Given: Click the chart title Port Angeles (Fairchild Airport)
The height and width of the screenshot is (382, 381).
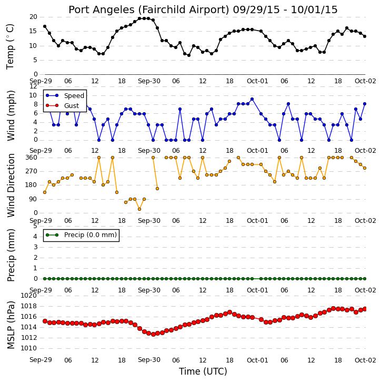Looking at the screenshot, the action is tap(148, 10).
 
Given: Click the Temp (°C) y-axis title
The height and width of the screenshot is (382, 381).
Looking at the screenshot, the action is tap(10, 46).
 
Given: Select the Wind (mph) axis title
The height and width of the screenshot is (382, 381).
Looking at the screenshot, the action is tap(11, 115).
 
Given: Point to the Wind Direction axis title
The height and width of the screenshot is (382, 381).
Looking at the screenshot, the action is tap(11, 185).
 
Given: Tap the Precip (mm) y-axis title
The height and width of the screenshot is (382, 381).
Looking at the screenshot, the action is tap(11, 256).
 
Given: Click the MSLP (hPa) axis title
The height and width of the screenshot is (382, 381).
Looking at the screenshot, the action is tap(11, 325).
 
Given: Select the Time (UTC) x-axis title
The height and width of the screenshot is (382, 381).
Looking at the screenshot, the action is tap(203, 371).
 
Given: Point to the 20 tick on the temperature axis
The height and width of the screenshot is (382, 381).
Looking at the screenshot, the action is tap(33, 17).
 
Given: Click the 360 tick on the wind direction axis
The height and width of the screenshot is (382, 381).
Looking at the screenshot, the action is tap(32, 158).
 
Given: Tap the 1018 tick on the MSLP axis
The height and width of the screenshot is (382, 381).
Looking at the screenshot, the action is tap(29, 306).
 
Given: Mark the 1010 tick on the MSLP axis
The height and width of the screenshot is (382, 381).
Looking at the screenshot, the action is tap(29, 348).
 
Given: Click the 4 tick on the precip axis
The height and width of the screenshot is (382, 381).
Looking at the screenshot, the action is tap(35, 237).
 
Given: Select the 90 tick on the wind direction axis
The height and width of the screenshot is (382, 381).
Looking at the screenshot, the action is tap(33, 199).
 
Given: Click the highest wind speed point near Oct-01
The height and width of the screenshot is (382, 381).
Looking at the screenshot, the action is tap(252, 99).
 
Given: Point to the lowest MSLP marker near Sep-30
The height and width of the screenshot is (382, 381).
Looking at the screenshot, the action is tap(153, 334).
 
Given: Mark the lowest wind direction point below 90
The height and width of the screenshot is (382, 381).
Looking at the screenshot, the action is tap(139, 209).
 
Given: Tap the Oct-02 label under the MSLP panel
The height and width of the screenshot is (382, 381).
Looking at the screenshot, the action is tap(365, 360).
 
